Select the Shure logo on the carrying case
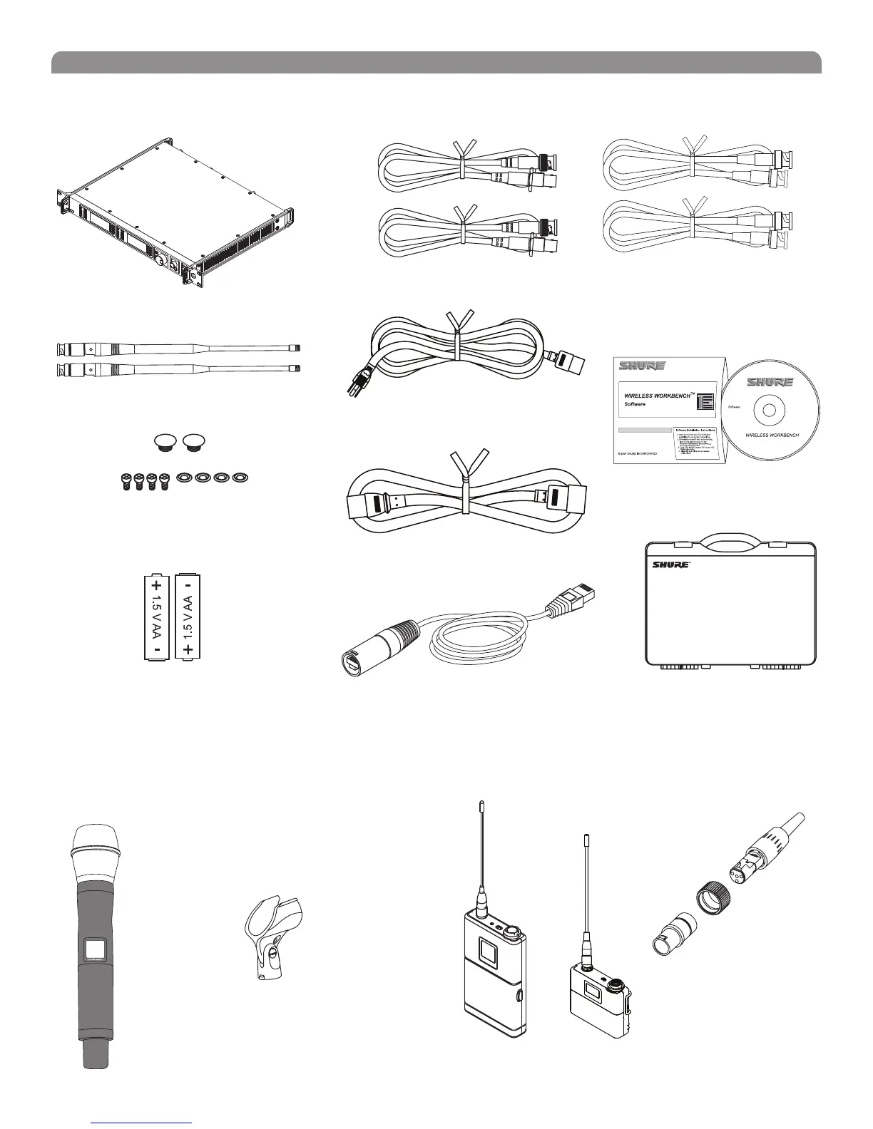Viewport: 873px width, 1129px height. pyautogui.click(x=670, y=564)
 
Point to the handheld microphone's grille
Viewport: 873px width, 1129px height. pyautogui.click(x=93, y=852)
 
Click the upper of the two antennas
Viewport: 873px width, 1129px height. pyautogui.click(x=178, y=350)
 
